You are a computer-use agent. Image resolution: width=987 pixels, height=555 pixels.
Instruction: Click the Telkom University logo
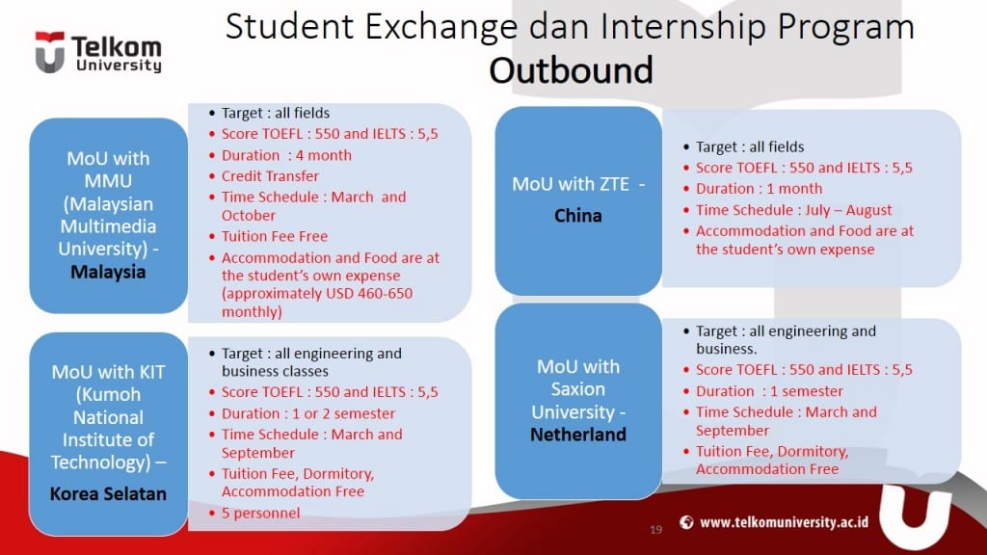tap(97, 53)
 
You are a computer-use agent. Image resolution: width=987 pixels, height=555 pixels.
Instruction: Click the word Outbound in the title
tap(571, 70)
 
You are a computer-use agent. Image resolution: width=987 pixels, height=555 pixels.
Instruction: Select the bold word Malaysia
tap(108, 272)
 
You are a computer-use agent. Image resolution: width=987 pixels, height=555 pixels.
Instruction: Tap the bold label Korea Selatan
tap(109, 494)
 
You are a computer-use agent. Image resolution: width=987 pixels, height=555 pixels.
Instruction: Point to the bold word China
tap(578, 216)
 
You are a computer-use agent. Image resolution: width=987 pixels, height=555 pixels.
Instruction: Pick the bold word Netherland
tap(578, 435)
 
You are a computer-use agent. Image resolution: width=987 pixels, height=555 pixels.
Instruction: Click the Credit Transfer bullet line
tap(270, 176)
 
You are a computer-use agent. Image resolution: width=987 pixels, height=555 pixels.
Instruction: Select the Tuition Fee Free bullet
tap(275, 236)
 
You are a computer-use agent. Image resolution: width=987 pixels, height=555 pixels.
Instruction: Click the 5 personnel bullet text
tap(260, 513)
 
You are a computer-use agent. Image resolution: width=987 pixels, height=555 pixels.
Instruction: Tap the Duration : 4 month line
tap(286, 155)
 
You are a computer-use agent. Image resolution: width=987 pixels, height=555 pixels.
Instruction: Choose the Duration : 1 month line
tap(759, 189)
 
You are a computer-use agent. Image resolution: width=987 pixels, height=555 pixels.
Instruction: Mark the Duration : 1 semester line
tap(769, 391)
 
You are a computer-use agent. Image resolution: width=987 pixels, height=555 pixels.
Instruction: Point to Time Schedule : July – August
tap(794, 210)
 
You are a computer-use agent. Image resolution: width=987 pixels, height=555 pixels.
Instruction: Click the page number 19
tap(656, 529)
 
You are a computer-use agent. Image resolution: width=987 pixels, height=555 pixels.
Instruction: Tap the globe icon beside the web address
tap(686, 522)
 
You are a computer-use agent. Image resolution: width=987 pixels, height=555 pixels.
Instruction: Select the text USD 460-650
tap(365, 293)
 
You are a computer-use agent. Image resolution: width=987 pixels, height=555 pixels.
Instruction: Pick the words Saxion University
tap(578, 401)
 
